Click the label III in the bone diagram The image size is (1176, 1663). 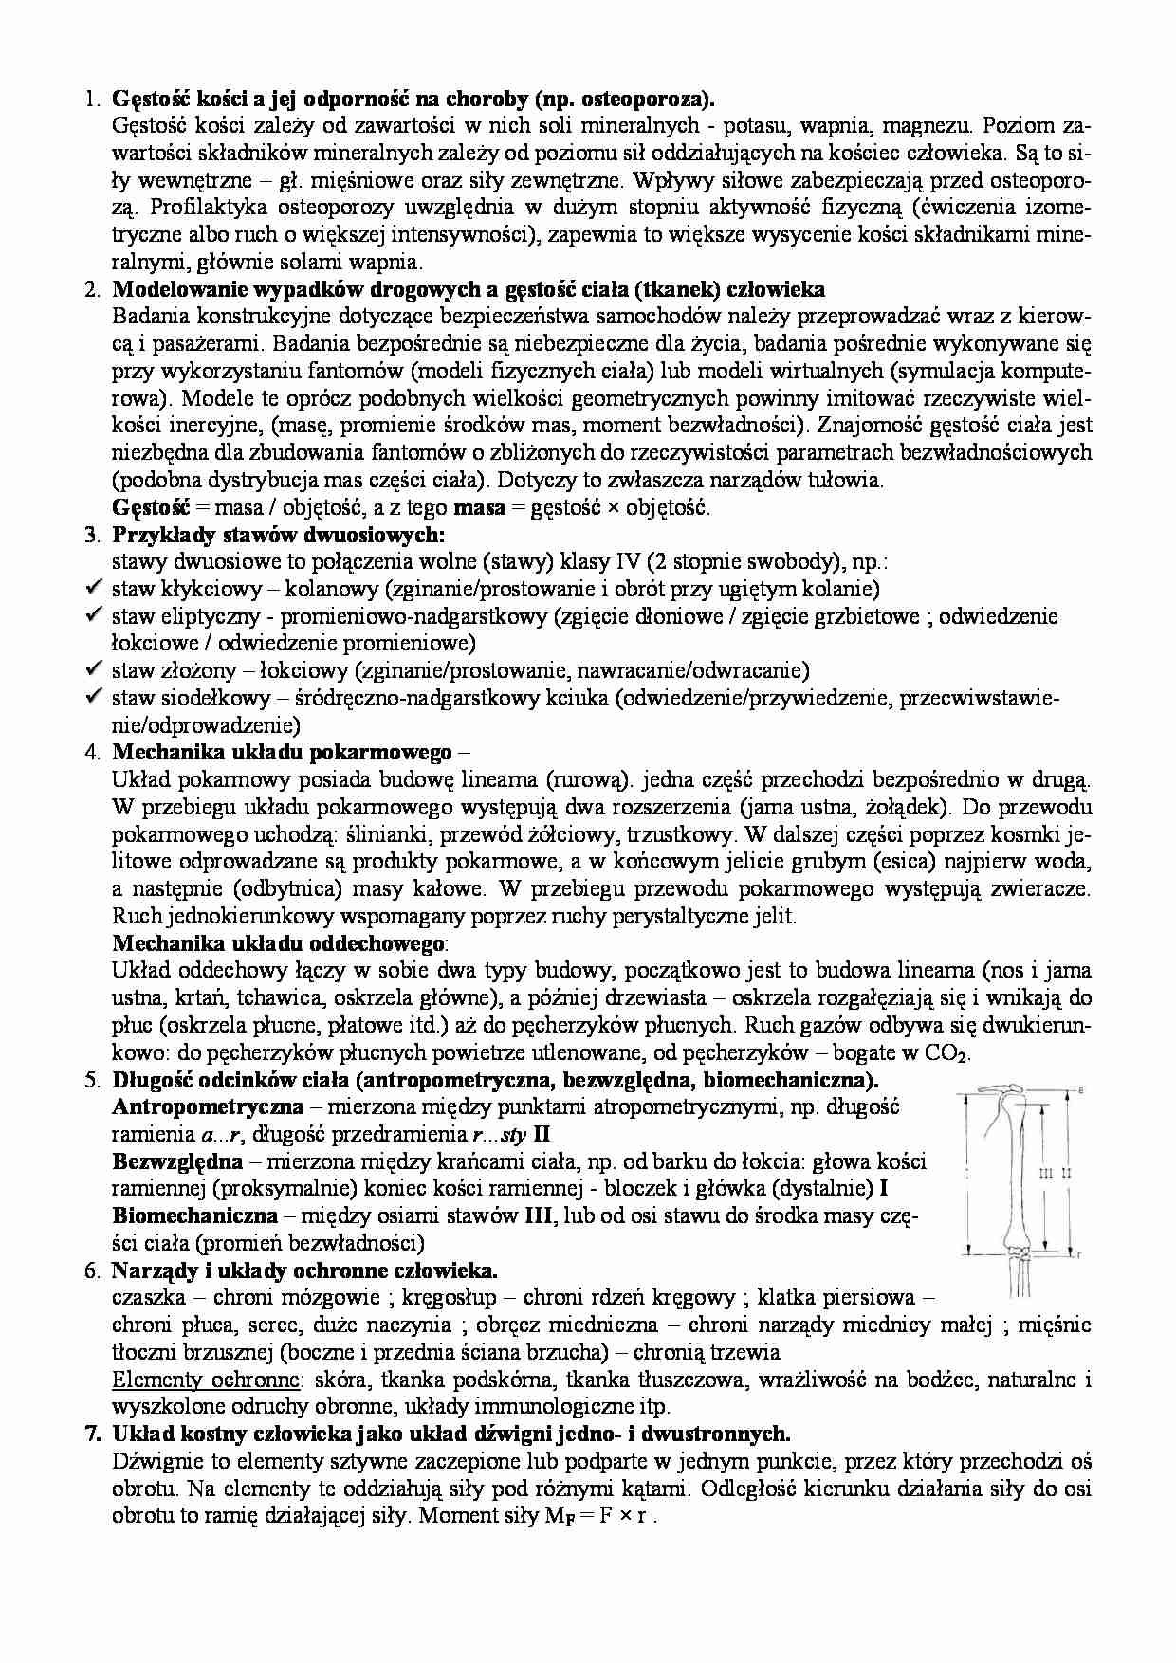[x=1046, y=1173]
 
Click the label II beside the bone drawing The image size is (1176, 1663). [x=1066, y=1173]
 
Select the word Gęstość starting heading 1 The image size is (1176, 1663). [x=143, y=98]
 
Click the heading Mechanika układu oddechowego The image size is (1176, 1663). [x=279, y=943]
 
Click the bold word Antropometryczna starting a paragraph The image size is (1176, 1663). [x=208, y=1106]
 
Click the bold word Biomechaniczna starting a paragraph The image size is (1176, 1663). [x=194, y=1215]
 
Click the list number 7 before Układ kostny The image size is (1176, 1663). [x=92, y=1434]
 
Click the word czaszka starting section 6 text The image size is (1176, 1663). [x=148, y=1297]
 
